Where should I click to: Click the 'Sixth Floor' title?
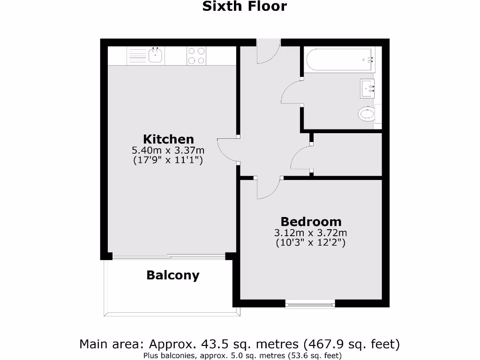244,7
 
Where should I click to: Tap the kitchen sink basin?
155,56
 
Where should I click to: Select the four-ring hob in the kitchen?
196,56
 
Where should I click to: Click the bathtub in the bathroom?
338,60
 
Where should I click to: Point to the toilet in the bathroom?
367,113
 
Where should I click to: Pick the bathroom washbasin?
367,88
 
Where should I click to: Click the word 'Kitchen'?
168,139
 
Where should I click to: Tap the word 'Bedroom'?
311,221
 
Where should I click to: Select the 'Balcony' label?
172,275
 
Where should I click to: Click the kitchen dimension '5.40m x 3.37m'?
168,150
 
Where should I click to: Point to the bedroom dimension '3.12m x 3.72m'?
311,232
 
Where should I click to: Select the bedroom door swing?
268,187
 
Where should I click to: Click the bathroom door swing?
291,91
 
